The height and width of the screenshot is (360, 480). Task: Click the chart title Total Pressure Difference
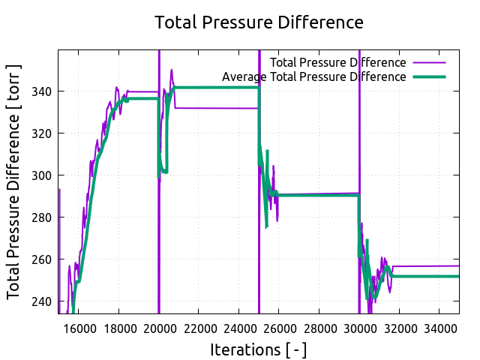tap(259, 22)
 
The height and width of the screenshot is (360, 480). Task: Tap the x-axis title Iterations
tap(259, 349)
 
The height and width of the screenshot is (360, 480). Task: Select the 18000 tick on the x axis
tap(118, 328)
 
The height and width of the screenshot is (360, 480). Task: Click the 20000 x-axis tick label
tap(159, 328)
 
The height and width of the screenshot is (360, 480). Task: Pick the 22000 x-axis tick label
tap(199, 328)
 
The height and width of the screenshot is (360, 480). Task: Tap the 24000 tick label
tap(239, 328)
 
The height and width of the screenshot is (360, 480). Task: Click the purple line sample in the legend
tap(429, 62)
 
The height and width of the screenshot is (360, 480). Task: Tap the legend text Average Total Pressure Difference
tap(314, 76)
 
